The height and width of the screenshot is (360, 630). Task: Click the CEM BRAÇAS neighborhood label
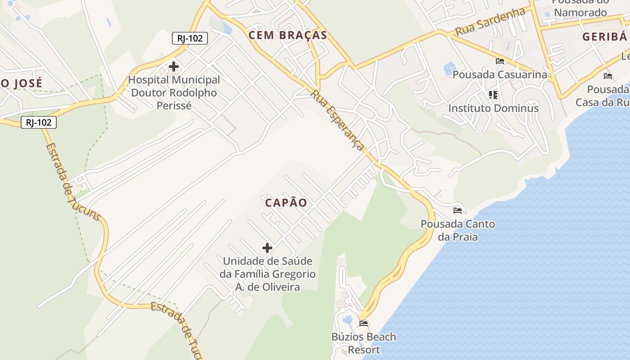click(288, 36)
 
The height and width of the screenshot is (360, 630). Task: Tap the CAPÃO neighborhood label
click(286, 203)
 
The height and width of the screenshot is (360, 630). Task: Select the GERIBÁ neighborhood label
click(604, 37)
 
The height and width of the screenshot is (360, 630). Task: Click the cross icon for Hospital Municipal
click(173, 67)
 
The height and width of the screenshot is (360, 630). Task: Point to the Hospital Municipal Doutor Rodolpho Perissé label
click(174, 93)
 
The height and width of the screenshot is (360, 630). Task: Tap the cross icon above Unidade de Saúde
click(267, 247)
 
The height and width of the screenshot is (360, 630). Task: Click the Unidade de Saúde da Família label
click(267, 274)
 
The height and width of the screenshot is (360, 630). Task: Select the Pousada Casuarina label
click(499, 74)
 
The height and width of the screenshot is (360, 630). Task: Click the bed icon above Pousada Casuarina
click(499, 61)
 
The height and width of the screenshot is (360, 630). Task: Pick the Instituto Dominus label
click(493, 108)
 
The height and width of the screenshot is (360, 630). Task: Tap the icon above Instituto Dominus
click(493, 95)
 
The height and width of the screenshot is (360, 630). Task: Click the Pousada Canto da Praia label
click(458, 230)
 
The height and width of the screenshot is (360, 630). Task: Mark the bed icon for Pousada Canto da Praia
click(458, 210)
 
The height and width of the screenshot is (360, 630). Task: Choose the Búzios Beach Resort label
click(364, 343)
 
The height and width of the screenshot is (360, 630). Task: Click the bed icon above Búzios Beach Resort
click(364, 323)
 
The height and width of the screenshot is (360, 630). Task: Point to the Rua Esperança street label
click(337, 121)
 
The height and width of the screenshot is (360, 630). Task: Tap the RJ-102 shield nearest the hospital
click(189, 38)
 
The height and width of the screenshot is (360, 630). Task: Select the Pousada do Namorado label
click(580, 9)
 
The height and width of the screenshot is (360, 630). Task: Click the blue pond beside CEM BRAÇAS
click(227, 29)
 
